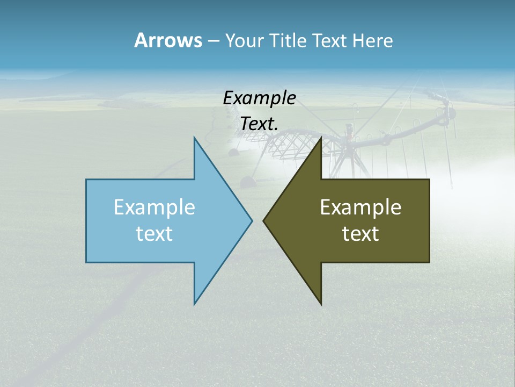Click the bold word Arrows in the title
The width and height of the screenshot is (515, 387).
168,40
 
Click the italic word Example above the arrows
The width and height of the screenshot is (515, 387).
259,98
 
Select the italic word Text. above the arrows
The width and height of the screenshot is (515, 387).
259,124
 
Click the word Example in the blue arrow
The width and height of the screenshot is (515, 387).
154,207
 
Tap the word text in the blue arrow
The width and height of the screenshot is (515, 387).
154,233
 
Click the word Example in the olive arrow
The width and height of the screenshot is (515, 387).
360,207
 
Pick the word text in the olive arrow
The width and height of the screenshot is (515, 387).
360,233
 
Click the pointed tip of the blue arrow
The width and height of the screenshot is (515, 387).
252,220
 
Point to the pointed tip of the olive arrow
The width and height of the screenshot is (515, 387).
263,220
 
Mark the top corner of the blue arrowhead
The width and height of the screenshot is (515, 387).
194,138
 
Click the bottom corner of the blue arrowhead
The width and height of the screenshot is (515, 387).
194,304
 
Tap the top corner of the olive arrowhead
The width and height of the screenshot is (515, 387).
321,138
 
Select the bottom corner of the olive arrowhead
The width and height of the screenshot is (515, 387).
321,304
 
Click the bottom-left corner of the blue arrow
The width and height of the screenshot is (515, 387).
86,262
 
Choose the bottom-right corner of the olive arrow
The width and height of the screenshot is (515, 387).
429,262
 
